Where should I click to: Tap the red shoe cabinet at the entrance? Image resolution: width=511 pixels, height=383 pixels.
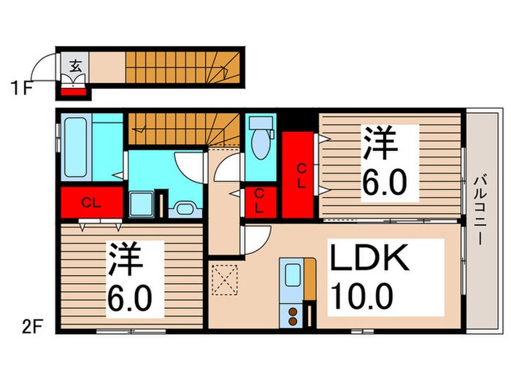click(73, 91)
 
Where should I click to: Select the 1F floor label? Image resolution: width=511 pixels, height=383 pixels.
click(21, 90)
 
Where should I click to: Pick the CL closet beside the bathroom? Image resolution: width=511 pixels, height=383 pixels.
click(91, 203)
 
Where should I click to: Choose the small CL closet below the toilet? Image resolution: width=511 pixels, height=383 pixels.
click(258, 200)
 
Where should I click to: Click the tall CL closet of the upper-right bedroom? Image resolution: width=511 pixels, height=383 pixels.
click(300, 175)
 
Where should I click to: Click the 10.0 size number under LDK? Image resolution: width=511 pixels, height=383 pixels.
click(362, 298)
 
